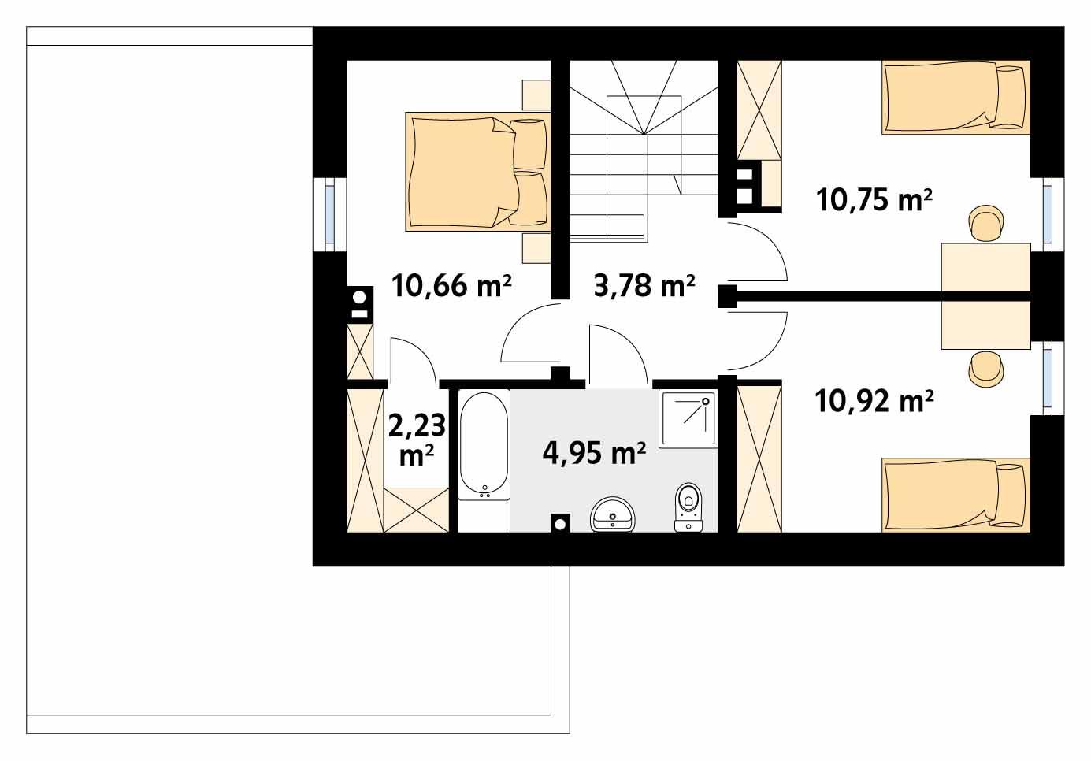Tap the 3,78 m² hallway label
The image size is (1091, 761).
click(644, 285)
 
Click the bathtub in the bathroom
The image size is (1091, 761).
click(484, 445)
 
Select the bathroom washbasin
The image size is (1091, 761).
click(612, 515)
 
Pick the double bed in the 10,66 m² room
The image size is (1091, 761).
click(476, 171)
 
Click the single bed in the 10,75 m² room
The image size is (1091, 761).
click(956, 98)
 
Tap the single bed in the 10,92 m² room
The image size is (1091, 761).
click(956, 495)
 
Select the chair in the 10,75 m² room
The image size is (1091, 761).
click(986, 223)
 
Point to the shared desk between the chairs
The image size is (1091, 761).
click(985, 295)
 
